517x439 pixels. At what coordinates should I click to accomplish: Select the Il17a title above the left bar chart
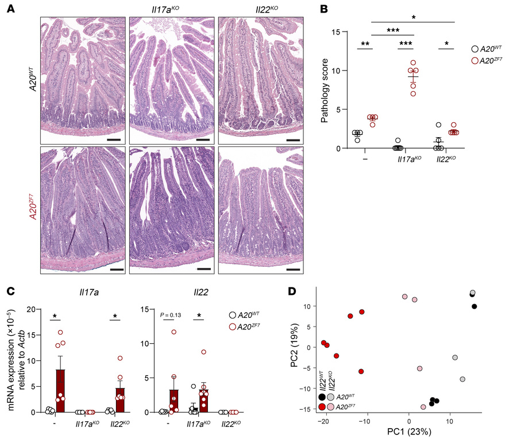point(79,293)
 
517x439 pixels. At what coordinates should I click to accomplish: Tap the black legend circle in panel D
point(322,397)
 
